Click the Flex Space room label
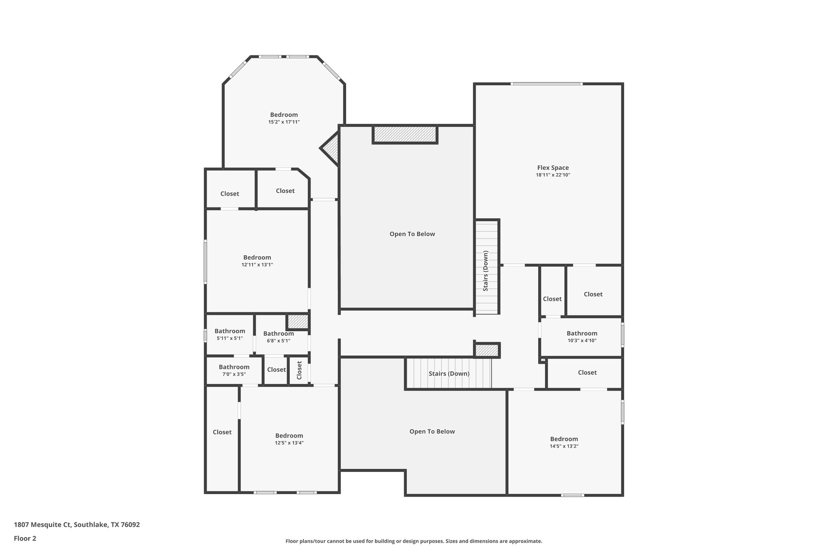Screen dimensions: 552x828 [x=553, y=168]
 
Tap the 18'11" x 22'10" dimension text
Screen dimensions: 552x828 [x=553, y=175]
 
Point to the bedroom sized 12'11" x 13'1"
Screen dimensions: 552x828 [x=257, y=261]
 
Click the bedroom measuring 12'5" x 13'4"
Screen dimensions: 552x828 [x=289, y=439]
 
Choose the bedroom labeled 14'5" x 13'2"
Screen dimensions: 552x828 [x=564, y=442]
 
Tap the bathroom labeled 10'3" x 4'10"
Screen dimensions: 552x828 [x=582, y=336]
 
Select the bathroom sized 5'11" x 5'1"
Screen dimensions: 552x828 [x=230, y=334]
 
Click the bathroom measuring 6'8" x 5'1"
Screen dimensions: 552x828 [x=278, y=336]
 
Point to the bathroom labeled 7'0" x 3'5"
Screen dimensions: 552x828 [x=234, y=370]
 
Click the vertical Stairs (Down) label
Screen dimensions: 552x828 [x=486, y=271]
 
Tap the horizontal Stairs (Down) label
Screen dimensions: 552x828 [x=449, y=374]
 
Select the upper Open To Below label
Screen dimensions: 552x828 [x=412, y=234]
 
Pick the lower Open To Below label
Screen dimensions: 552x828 [x=432, y=431]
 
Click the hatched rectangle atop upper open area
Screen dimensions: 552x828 [x=405, y=134]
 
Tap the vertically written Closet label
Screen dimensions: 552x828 [x=299, y=370]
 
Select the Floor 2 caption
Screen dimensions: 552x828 [x=25, y=538]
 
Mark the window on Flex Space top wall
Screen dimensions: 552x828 [x=546, y=84]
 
